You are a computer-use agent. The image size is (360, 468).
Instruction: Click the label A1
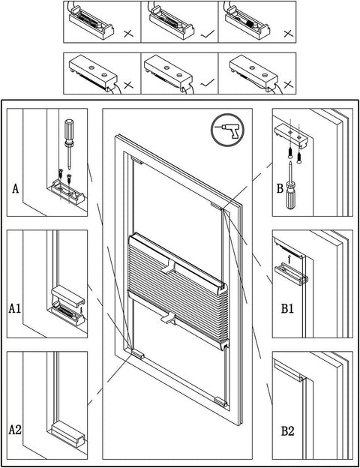point(15,308)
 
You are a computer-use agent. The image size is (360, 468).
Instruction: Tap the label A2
point(15,430)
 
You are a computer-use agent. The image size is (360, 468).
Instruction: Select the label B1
point(288,308)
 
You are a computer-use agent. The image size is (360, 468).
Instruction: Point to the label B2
point(288,430)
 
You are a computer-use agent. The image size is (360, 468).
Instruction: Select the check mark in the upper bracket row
point(204,34)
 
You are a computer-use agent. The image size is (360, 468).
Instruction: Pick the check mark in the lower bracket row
point(204,83)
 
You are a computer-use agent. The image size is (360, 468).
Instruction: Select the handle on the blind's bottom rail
point(169,319)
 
